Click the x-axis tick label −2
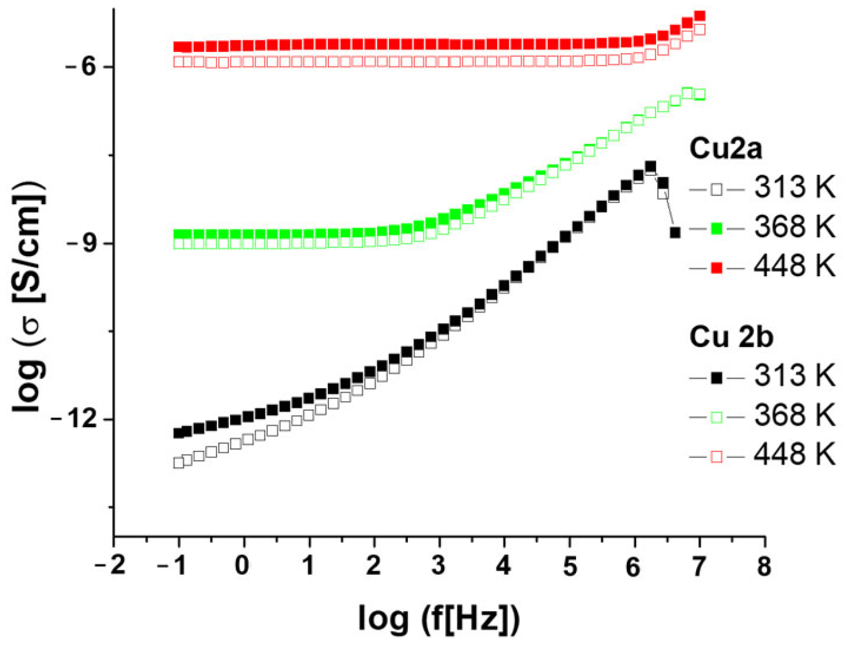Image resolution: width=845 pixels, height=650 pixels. (110, 566)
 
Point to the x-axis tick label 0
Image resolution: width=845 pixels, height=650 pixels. (243, 566)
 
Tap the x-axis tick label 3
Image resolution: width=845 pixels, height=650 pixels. (438, 566)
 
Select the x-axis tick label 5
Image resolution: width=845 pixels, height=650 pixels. (569, 566)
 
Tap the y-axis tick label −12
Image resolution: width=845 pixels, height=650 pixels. (74, 419)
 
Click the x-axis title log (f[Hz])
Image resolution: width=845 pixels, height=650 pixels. (438, 618)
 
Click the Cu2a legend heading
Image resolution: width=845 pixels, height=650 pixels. (726, 149)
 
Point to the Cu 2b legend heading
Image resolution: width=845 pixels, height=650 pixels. (731, 337)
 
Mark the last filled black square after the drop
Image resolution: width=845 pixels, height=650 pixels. (675, 232)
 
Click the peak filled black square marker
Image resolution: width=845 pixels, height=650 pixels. (650, 167)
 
